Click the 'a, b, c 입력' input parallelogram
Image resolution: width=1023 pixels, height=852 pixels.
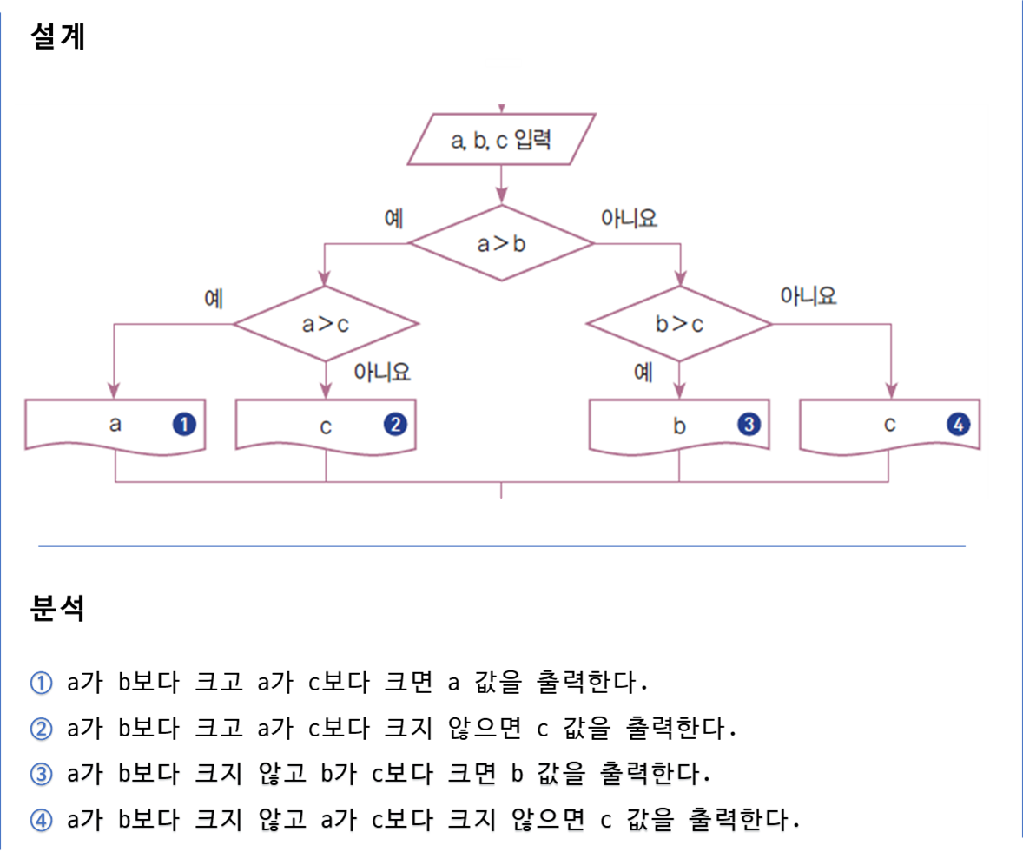point(501,139)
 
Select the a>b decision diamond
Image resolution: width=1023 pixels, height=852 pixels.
point(501,243)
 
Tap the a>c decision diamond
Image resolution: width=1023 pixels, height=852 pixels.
point(326,324)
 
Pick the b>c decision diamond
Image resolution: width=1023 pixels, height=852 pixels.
point(679,324)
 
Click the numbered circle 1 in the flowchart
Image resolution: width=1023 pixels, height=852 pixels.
point(184,425)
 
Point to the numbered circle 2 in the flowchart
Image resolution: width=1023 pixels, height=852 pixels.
point(395,425)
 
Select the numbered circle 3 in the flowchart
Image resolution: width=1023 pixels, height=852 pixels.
point(748,425)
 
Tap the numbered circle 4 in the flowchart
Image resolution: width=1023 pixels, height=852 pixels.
point(958,425)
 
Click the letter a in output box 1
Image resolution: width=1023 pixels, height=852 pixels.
point(115,425)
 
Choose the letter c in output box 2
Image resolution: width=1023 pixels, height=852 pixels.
point(326,426)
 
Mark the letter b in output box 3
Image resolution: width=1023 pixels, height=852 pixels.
point(679,426)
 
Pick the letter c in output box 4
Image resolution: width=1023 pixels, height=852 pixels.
point(889,425)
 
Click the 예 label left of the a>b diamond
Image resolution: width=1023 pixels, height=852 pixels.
point(393,218)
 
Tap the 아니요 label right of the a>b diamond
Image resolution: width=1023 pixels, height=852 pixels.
point(629,218)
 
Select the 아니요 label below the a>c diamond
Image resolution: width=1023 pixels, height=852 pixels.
point(381,373)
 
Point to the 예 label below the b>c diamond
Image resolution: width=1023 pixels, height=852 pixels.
point(643,373)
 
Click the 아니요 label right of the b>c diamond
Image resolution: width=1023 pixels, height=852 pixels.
point(808,296)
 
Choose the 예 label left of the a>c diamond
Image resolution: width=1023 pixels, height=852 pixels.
point(214,299)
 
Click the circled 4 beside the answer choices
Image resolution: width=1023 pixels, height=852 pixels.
point(42,820)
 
